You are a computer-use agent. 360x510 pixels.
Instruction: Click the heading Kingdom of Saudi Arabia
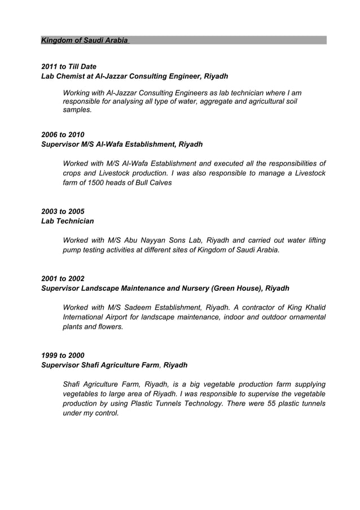[x=85, y=41]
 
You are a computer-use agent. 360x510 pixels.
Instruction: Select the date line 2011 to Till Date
[x=69, y=67]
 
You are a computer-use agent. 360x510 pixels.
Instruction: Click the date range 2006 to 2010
[x=63, y=134]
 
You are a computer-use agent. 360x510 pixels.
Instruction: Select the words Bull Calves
[x=151, y=182]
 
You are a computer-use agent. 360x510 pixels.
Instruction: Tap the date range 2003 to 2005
[x=63, y=211]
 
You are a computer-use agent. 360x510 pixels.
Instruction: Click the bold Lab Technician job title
[x=68, y=221]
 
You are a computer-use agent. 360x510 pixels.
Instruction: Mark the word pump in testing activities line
[x=72, y=250]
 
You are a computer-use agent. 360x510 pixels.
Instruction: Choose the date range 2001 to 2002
[x=63, y=278]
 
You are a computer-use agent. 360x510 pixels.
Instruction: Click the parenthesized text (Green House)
[x=236, y=288]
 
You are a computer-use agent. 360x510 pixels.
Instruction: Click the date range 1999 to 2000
[x=63, y=355]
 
